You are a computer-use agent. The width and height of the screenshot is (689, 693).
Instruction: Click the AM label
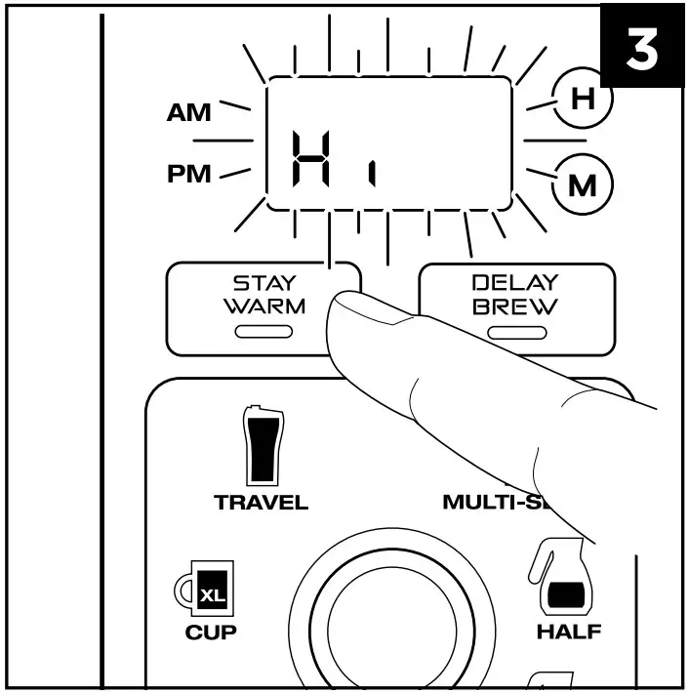click(187, 113)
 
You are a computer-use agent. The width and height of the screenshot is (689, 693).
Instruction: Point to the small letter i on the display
click(372, 175)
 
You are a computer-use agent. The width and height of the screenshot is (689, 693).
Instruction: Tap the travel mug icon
click(261, 443)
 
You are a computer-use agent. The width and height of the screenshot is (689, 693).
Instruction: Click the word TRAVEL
click(261, 504)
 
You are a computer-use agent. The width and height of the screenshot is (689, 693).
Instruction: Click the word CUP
click(211, 632)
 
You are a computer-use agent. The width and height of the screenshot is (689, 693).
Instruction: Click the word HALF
click(568, 632)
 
